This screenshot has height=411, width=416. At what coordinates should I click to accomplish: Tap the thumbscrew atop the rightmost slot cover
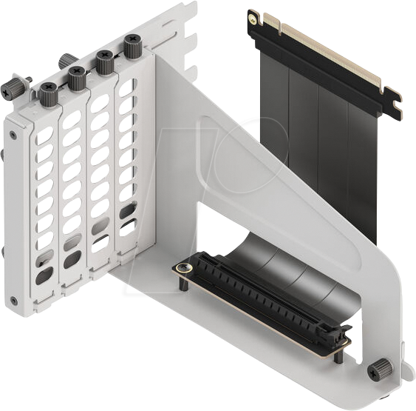[132, 47]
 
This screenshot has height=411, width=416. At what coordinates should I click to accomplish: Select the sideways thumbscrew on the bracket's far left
[14, 88]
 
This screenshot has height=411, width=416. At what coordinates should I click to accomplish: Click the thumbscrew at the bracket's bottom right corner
[379, 368]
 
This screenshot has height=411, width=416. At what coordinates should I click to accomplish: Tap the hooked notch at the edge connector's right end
[392, 104]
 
